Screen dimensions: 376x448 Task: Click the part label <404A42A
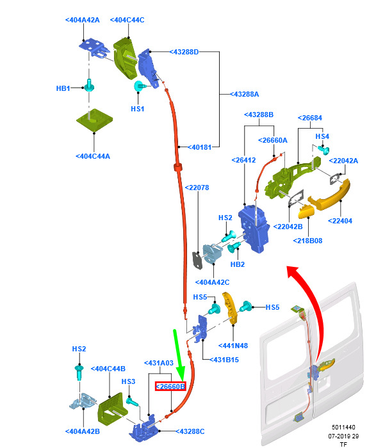(x=83, y=20)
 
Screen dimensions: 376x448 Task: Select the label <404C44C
(x=127, y=20)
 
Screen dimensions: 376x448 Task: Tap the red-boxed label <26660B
(x=170, y=387)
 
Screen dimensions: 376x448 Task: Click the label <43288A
(x=245, y=94)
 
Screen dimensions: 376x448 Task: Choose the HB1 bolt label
(x=63, y=88)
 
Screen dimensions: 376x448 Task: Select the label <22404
(x=340, y=221)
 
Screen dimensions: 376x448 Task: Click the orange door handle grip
(x=329, y=195)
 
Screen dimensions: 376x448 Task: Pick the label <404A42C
(x=212, y=282)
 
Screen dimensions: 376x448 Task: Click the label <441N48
(x=233, y=346)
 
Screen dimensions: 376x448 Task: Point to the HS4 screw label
(x=322, y=136)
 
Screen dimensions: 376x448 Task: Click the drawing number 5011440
(x=343, y=427)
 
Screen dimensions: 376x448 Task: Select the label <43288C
(x=190, y=431)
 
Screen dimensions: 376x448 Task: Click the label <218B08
(x=307, y=241)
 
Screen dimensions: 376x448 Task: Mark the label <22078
(x=197, y=188)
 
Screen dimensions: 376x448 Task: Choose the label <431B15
(x=224, y=360)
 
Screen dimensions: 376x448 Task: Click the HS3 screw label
(x=128, y=381)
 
